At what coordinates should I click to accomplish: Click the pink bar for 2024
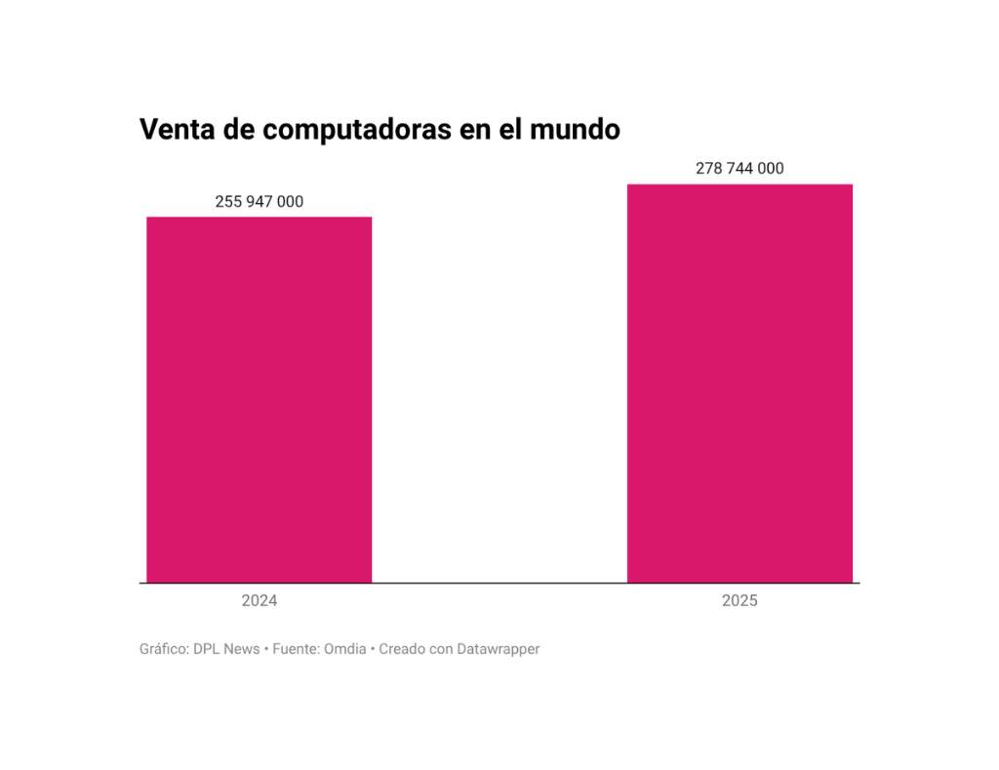(259, 399)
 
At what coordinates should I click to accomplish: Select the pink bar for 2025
(739, 383)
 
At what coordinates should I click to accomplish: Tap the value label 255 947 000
(259, 202)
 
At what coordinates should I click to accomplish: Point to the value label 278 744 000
(739, 169)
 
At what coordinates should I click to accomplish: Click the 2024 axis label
(260, 601)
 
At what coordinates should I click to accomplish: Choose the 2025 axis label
(739, 601)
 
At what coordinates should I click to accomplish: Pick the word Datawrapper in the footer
(498, 649)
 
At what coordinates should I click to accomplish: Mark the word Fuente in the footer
(298, 649)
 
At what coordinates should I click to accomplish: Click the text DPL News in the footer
(227, 649)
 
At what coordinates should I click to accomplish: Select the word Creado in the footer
(402, 649)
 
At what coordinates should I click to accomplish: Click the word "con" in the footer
(441, 649)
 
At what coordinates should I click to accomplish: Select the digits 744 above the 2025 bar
(739, 169)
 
